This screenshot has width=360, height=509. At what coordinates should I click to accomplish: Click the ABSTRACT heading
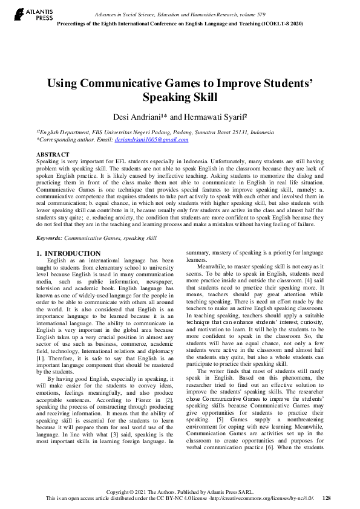pos(53,155)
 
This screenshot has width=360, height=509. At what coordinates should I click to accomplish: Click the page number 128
pos(327,498)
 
